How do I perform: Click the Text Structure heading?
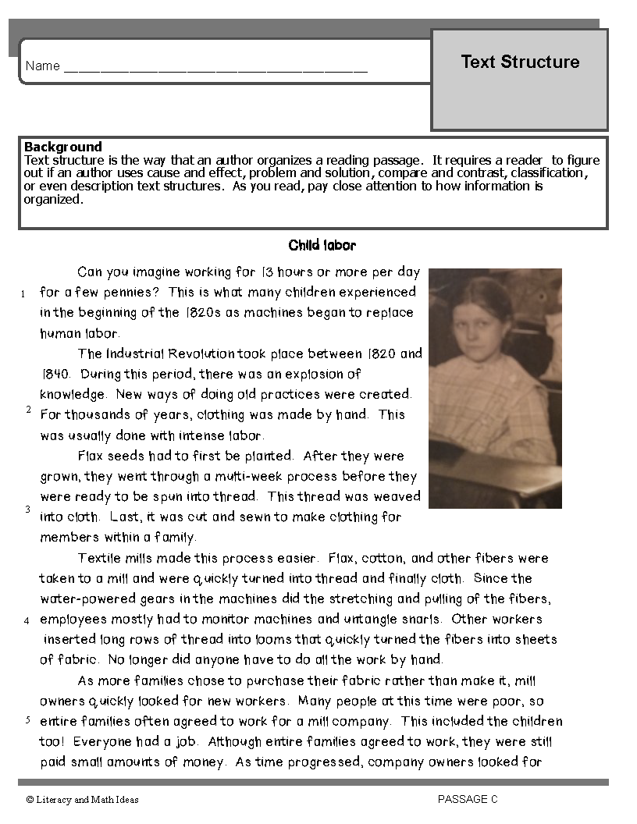[520, 62]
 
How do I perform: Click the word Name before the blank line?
[42, 66]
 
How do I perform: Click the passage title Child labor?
[322, 246]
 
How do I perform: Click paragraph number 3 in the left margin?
[27, 510]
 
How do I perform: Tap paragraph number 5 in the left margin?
[27, 719]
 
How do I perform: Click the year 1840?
[55, 374]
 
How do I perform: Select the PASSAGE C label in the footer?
[468, 799]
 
